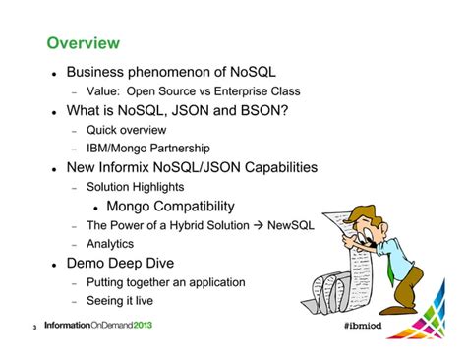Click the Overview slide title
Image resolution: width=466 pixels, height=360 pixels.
pyautogui.click(x=84, y=43)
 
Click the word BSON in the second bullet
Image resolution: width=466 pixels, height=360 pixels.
pyautogui.click(x=261, y=110)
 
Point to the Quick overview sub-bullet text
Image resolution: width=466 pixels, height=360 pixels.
pyautogui.click(x=126, y=130)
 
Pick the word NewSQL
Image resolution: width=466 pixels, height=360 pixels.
pyautogui.click(x=290, y=225)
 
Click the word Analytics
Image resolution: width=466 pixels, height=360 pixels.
pyautogui.click(x=109, y=244)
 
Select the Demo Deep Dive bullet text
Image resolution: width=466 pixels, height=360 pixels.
pyautogui.click(x=119, y=264)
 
